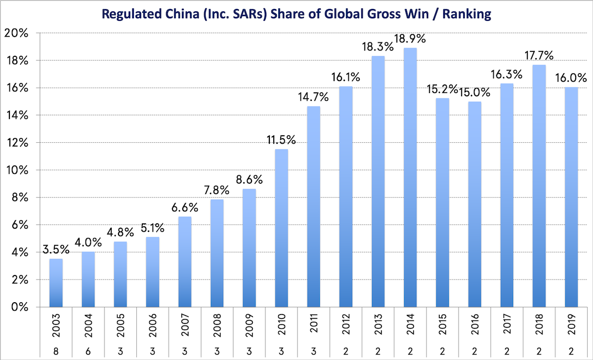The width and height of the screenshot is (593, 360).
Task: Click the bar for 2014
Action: [x=410, y=178]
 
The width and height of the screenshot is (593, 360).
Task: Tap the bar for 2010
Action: [x=281, y=228]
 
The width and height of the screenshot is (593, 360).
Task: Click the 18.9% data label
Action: [x=410, y=39]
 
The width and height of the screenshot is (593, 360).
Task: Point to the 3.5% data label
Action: [x=55, y=249]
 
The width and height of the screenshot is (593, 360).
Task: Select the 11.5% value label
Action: [x=281, y=140]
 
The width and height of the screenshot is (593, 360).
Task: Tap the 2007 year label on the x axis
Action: [x=184, y=326]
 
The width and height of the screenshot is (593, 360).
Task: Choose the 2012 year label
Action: [x=345, y=326]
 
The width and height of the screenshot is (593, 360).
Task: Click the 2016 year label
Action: [x=474, y=326]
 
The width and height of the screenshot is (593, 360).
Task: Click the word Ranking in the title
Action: [x=466, y=14]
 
